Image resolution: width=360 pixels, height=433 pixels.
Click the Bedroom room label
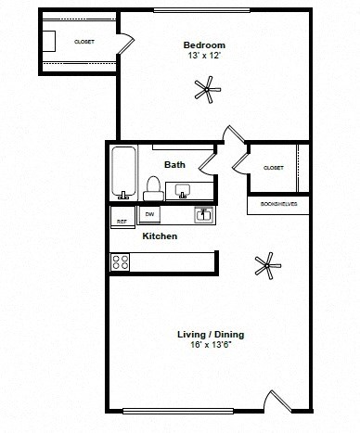coord(204,45)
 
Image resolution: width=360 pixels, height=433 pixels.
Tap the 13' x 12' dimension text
coord(204,55)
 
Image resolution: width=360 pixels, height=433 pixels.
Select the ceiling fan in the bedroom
coord(206,90)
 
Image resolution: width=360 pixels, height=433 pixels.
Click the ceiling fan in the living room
coord(267,266)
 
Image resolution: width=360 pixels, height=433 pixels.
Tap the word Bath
coord(174,165)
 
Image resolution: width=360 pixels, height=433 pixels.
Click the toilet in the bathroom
coord(154,187)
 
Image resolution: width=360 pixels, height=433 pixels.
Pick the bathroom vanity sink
coord(183,191)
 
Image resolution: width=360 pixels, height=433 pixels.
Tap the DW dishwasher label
coord(148,215)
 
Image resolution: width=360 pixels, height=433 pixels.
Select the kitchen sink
coord(203,215)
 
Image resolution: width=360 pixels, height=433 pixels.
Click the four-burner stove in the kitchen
coord(121,261)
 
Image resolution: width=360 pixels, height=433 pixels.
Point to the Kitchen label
coord(160,236)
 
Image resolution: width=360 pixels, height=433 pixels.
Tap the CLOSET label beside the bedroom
coord(84,42)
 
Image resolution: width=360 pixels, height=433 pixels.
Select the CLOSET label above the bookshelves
coord(273,168)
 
